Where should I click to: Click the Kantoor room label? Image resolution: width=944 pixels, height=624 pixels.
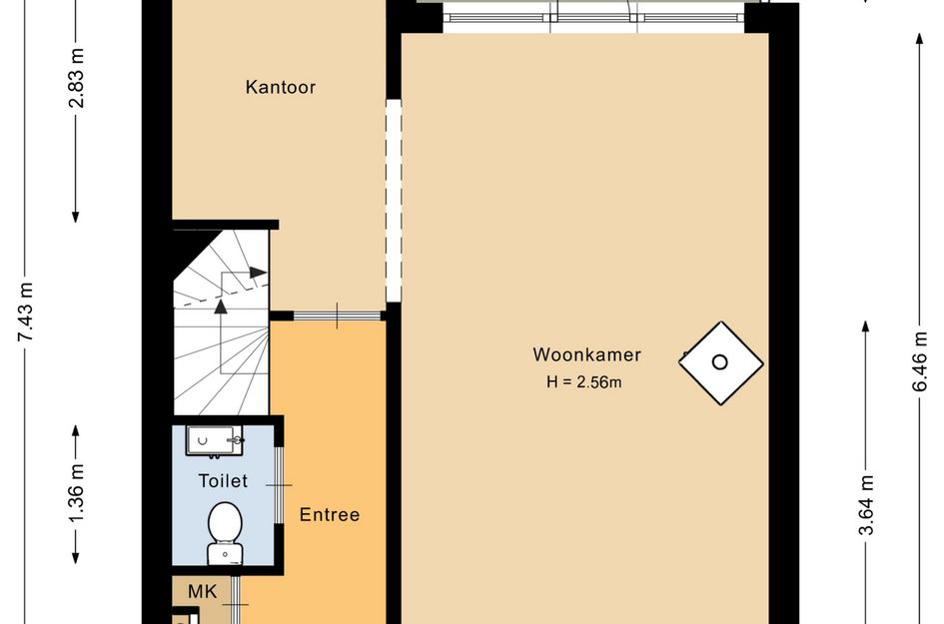(281, 87)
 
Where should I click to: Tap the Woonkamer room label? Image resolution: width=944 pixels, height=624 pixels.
(587, 354)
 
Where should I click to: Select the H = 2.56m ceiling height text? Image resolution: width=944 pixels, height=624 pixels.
(584, 382)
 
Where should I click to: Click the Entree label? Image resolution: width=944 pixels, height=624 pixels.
(330, 514)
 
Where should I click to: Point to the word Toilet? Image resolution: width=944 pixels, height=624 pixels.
(223, 481)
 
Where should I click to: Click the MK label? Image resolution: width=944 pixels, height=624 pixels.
(202, 591)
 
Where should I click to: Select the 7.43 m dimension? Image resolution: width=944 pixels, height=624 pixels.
(26, 312)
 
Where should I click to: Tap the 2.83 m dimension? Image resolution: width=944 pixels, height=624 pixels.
(77, 78)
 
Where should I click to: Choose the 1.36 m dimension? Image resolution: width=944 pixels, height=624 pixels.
(77, 494)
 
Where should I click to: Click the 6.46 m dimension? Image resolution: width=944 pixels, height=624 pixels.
(919, 361)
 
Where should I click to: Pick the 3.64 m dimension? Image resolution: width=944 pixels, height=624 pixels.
(866, 505)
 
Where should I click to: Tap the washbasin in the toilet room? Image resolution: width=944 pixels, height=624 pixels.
(215, 441)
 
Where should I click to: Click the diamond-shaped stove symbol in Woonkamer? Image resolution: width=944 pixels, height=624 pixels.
(720, 362)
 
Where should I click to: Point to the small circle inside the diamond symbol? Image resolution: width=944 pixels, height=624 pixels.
(720, 362)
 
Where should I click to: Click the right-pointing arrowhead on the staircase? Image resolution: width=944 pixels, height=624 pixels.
(259, 273)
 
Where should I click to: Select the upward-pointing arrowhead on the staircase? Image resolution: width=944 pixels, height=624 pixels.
(221, 307)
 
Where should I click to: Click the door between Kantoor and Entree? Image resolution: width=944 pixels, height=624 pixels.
(338, 315)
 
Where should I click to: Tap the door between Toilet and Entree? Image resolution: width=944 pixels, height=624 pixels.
(279, 485)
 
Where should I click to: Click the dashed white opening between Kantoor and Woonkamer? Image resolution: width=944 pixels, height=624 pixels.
(394, 201)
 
